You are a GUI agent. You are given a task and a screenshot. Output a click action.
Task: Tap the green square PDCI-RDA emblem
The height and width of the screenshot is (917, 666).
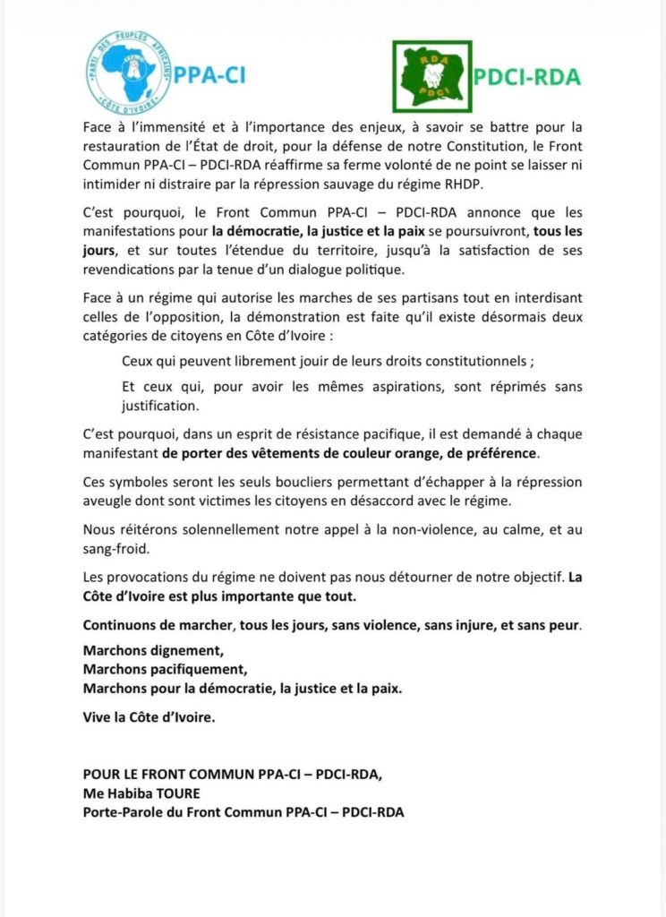pos(432,75)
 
